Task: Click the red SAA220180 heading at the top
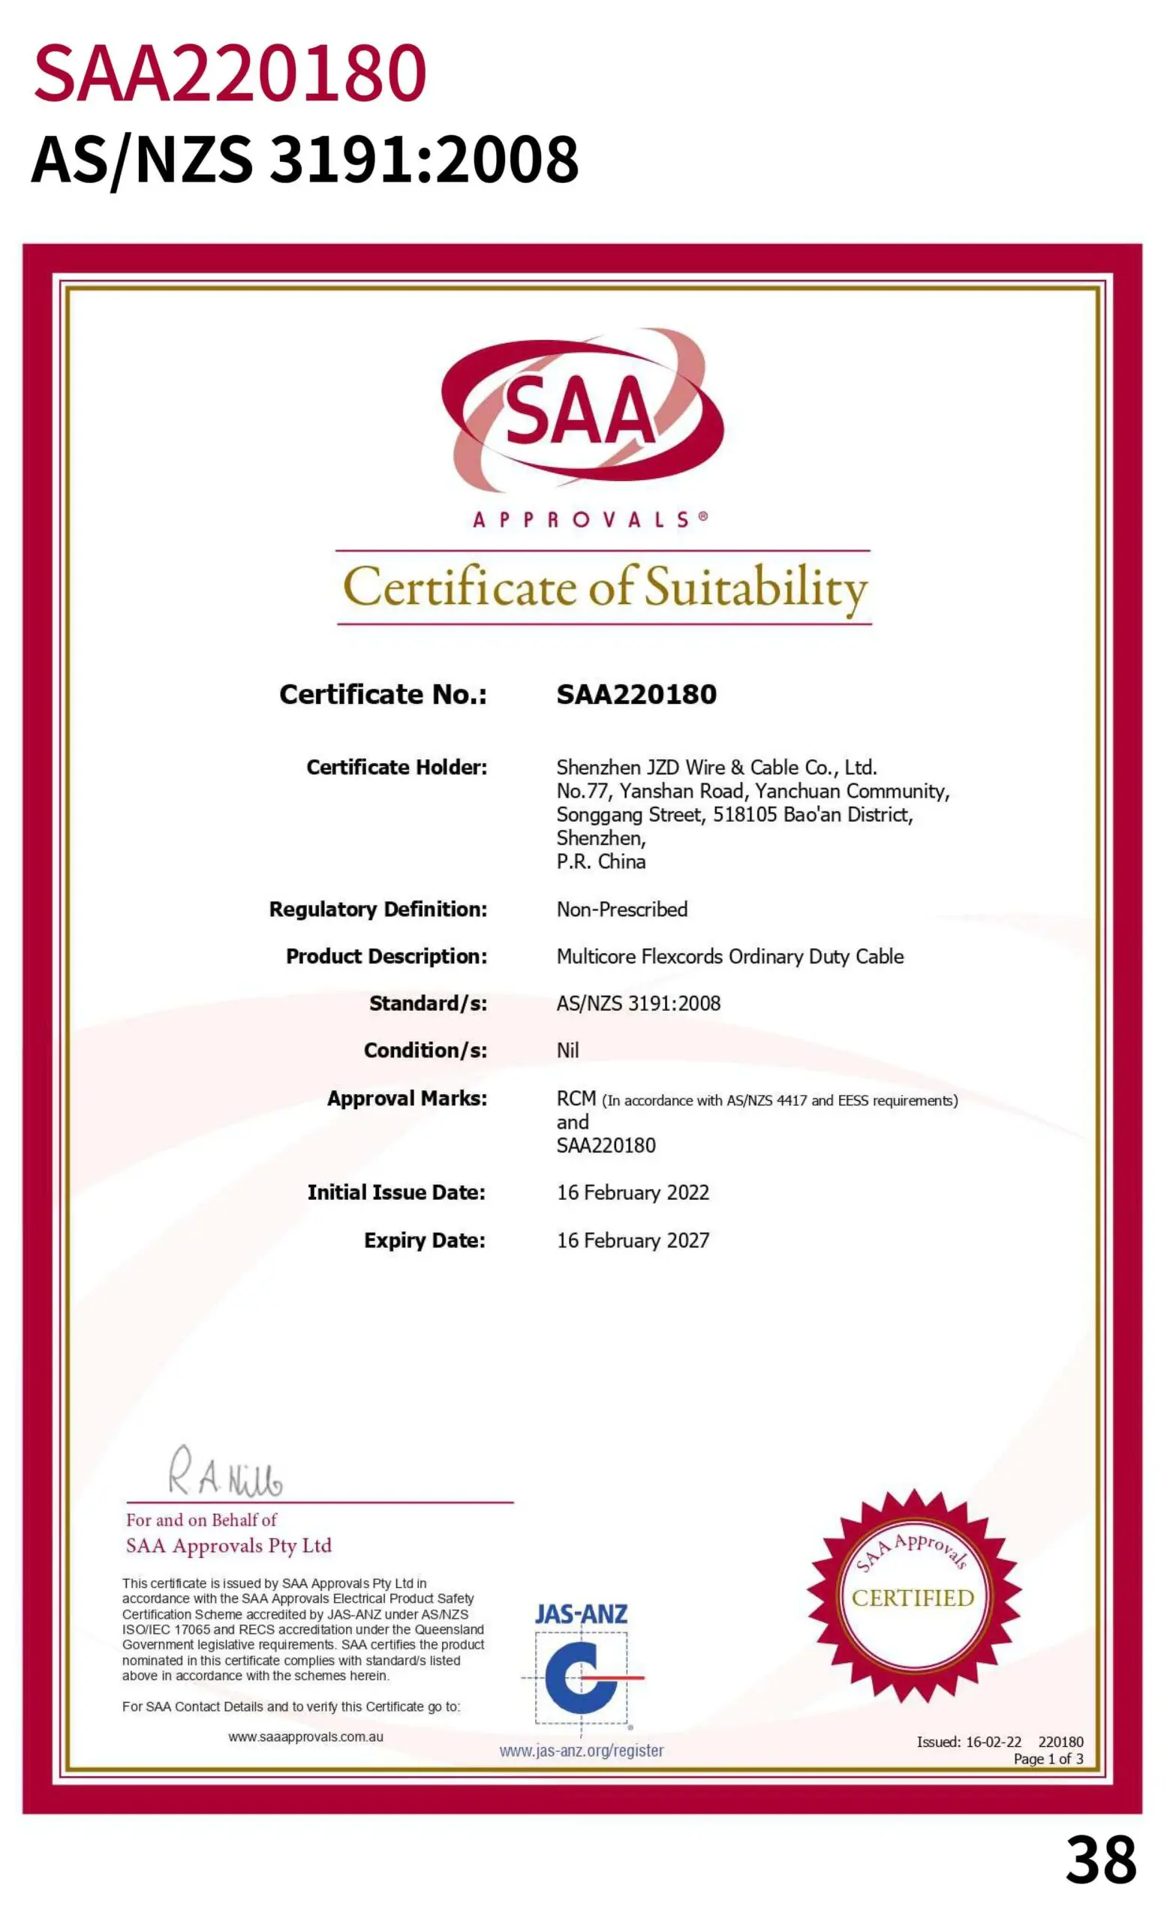(230, 74)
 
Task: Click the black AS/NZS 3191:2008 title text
(305, 159)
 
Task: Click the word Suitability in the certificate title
(756, 588)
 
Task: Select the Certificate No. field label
(383, 695)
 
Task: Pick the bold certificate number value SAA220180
(636, 695)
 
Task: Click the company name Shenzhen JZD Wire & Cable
(716, 767)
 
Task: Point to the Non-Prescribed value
(621, 909)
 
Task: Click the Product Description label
(386, 957)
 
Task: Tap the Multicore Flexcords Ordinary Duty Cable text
(729, 957)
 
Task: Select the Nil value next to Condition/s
(567, 1050)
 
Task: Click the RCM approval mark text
(576, 1099)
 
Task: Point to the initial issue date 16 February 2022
(632, 1192)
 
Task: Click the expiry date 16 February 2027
(632, 1240)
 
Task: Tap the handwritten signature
(225, 1473)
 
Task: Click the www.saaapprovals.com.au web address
(305, 1737)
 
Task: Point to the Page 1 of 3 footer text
(1048, 1759)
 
